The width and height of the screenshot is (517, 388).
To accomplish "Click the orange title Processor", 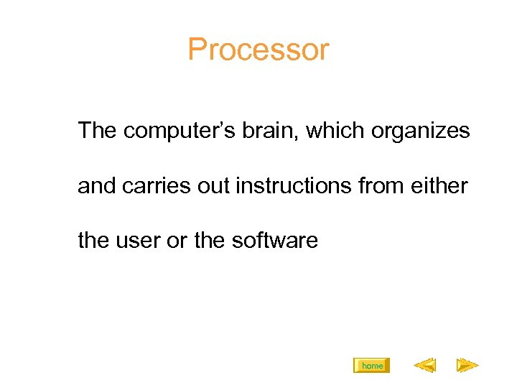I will pyautogui.click(x=258, y=50).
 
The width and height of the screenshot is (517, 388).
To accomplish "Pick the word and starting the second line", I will pyautogui.click(x=97, y=186).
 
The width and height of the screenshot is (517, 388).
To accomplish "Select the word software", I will pyautogui.click(x=275, y=240).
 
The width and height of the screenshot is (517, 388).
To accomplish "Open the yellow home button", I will pyautogui.click(x=372, y=366).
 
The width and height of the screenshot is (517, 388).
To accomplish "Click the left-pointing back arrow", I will pyautogui.click(x=424, y=366).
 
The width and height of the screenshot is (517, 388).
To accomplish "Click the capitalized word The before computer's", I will pyautogui.click(x=98, y=131).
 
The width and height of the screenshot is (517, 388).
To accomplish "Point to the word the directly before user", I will pyautogui.click(x=93, y=240).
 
